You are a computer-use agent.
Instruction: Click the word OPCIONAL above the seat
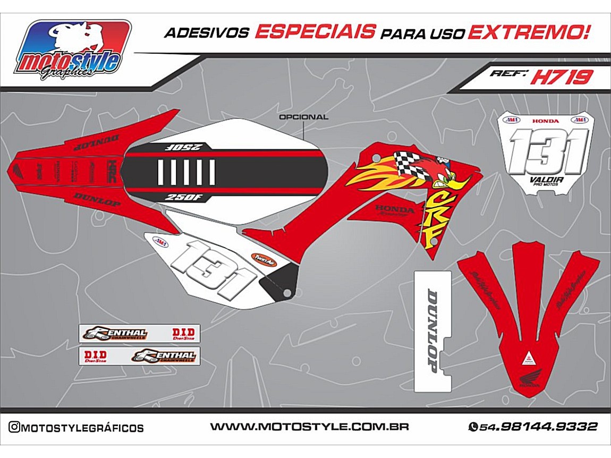[303, 117]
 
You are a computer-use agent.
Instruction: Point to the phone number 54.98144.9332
[538, 427]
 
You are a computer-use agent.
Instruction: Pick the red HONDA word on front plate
[546, 121]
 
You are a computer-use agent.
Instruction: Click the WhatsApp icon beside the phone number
[472, 427]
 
